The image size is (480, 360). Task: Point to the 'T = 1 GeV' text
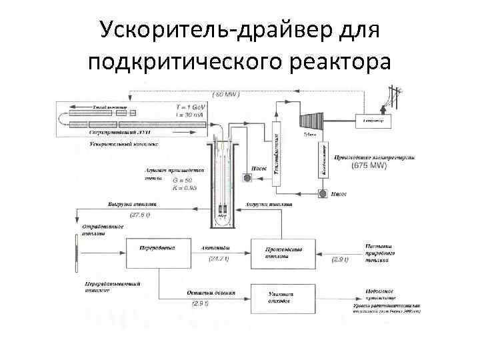[x=191, y=107]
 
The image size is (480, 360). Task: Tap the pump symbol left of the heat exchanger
[x=247, y=179]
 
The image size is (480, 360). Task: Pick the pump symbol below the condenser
[x=322, y=194]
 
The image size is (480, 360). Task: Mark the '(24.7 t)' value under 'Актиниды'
[x=219, y=258]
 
